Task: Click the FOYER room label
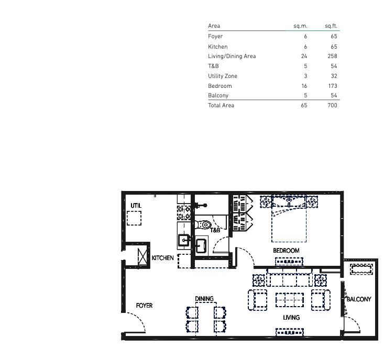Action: click(x=144, y=306)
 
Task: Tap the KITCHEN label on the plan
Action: click(x=162, y=258)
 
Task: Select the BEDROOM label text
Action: click(x=286, y=251)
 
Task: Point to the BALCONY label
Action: click(x=359, y=299)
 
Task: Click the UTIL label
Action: click(x=136, y=206)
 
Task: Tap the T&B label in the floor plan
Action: click(x=215, y=230)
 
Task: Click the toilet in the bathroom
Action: click(x=203, y=224)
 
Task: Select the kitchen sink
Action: click(x=184, y=240)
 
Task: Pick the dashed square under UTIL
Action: click(x=134, y=218)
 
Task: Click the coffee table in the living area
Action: click(x=290, y=300)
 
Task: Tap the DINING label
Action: click(x=204, y=299)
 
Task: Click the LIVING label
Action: click(x=291, y=318)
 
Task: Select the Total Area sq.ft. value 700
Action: click(x=332, y=105)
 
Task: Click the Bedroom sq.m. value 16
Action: click(x=304, y=86)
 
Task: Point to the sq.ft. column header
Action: click(x=331, y=26)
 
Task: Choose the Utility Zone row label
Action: click(x=223, y=76)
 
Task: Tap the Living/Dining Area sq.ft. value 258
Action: click(x=332, y=56)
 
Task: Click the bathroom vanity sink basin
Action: click(x=201, y=245)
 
